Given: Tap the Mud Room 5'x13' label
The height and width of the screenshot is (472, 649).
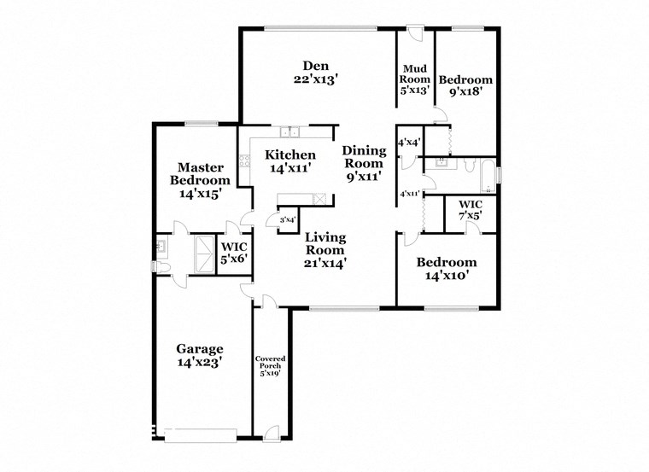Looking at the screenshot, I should point(416,79).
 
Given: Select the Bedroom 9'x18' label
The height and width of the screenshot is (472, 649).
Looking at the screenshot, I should point(465,86).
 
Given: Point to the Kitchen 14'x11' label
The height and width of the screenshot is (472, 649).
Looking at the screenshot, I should point(289,161).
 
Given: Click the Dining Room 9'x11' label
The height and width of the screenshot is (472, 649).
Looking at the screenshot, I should point(365,165).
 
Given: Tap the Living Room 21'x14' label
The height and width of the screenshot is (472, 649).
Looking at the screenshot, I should point(324,250).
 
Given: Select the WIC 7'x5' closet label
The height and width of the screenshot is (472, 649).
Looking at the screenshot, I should point(471,211).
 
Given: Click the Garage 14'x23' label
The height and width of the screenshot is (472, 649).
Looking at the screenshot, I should point(200,355).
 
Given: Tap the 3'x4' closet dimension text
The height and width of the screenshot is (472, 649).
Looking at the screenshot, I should point(287,220).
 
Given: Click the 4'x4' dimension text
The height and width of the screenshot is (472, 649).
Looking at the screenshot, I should point(409,142).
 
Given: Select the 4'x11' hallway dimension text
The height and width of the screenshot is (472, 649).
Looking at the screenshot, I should point(410,194).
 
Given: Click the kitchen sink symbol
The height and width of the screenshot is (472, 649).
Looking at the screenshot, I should point(292,132).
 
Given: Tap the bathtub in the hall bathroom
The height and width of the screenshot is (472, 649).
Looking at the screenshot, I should point(487,175).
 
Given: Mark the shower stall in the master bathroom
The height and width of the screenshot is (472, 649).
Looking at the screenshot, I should point(206,253).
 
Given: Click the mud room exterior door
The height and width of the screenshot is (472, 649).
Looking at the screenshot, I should point(414,34).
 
